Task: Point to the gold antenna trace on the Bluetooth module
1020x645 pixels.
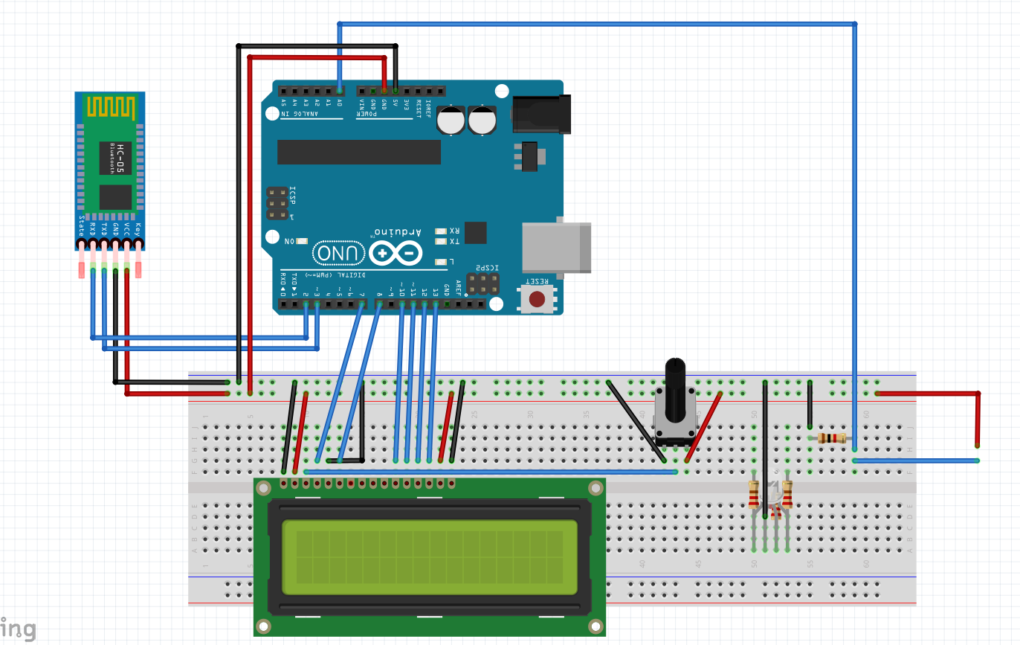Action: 112,106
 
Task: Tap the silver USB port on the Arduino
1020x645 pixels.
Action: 556,246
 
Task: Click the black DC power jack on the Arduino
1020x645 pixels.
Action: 541,115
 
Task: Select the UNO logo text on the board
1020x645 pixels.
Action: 339,254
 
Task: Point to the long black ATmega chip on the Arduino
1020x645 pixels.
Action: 359,152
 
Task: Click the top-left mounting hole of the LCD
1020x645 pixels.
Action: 263,488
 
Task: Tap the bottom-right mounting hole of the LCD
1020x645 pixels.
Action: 594,625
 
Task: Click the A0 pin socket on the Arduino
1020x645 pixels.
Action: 340,91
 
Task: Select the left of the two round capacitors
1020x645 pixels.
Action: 451,120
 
